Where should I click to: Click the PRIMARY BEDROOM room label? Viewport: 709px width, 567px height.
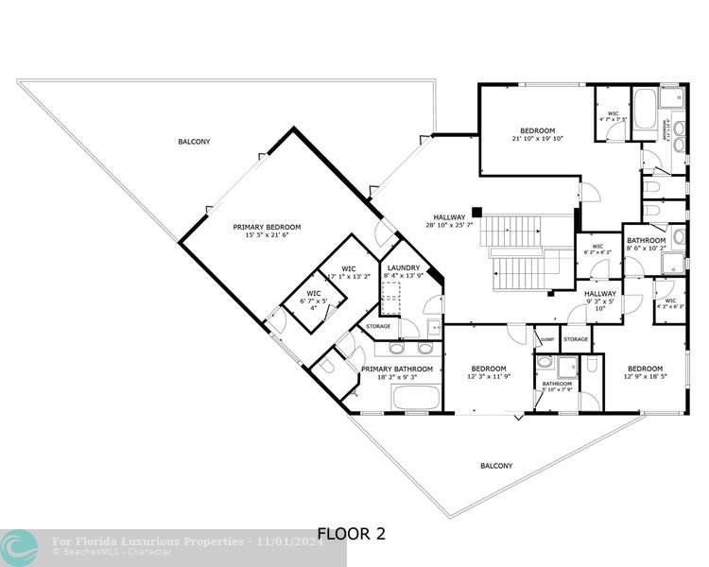pos(267,227)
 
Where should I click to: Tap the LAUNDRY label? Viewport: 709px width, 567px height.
pos(404,268)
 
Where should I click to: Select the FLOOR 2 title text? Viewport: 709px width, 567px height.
pos(351,534)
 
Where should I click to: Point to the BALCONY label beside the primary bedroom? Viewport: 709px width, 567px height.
pos(194,142)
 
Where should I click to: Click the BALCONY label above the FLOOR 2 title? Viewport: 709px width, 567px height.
pos(496,465)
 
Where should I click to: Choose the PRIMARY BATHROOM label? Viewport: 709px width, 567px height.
pos(397,369)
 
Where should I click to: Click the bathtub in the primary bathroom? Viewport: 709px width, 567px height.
pos(415,397)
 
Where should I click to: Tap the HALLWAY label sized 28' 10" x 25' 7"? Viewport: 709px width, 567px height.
pos(451,216)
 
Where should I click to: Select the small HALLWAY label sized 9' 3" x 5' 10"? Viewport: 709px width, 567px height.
pos(599,294)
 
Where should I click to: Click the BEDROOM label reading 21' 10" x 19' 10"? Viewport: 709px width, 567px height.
pos(537,130)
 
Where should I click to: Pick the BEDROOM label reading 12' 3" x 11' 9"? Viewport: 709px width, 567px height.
pos(489,369)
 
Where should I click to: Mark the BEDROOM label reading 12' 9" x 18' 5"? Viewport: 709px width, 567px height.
pos(645,369)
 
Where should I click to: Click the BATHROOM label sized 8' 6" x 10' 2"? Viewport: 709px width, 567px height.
pos(647,240)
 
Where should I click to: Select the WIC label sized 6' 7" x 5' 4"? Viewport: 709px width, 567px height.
pos(313,294)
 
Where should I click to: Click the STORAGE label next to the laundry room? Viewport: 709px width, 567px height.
pos(378,326)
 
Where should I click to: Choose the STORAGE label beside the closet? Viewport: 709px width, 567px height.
pos(576,338)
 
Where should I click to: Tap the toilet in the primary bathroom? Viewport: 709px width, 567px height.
pos(326,365)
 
